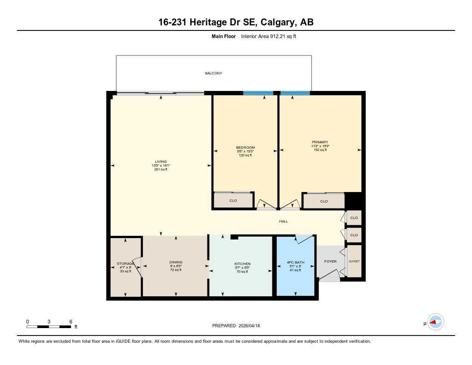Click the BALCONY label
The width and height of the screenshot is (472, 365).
(x=213, y=73)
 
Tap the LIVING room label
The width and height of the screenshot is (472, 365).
(x=161, y=161)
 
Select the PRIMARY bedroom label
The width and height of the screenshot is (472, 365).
(x=319, y=142)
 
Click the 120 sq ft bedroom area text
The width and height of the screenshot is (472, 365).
(x=245, y=156)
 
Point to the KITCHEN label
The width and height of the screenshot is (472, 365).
(x=242, y=264)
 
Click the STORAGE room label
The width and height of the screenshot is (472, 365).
(x=125, y=263)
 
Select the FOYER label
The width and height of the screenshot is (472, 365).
(x=330, y=262)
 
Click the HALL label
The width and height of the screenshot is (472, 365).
(x=283, y=221)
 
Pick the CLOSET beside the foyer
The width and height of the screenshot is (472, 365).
(x=354, y=261)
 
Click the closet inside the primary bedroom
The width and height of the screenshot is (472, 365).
(x=324, y=201)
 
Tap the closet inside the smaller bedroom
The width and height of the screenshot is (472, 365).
(x=233, y=201)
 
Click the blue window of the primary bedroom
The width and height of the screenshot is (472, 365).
(x=295, y=93)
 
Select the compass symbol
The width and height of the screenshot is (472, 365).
(x=435, y=323)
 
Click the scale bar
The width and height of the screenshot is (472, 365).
(x=49, y=327)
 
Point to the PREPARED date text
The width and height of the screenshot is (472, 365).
(x=236, y=326)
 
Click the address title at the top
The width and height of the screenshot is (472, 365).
(x=236, y=22)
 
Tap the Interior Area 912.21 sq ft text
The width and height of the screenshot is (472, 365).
(x=268, y=36)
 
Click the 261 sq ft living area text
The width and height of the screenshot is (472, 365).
(x=161, y=169)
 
